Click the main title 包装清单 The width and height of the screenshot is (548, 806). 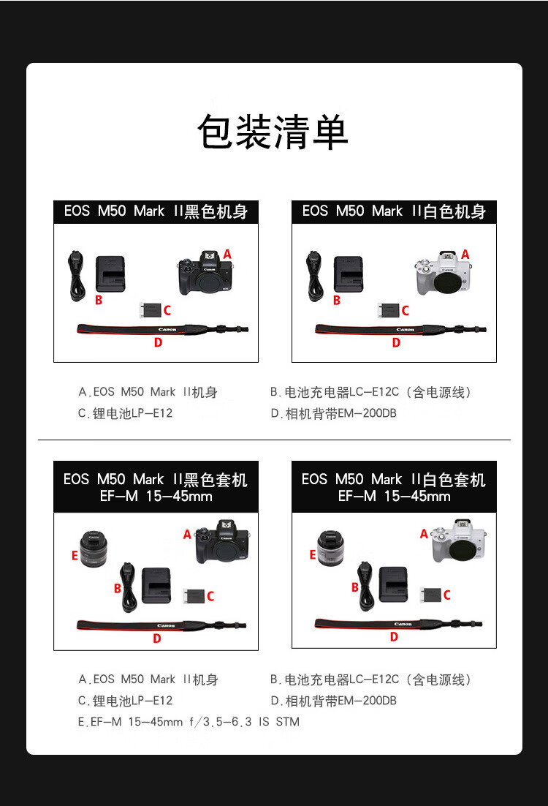273,132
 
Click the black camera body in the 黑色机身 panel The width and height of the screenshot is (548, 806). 205,274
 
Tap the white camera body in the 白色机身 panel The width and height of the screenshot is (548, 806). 443,274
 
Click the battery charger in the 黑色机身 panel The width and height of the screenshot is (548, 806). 110,274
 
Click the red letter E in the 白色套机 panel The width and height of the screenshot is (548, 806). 313,555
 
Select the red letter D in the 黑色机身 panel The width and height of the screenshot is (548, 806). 158,342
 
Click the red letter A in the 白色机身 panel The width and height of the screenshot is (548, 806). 465,254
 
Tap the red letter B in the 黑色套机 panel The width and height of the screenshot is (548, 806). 117,588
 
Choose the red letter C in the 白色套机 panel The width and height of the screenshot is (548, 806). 446,595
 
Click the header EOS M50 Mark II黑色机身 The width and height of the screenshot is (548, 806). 156,211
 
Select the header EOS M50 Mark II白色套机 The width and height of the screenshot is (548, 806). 394,486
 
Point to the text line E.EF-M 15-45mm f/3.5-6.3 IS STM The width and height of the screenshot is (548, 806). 189,722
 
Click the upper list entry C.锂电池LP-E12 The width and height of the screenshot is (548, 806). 126,413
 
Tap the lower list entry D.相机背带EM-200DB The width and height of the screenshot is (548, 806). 333,701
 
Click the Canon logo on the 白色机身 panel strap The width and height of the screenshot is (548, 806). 405,330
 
